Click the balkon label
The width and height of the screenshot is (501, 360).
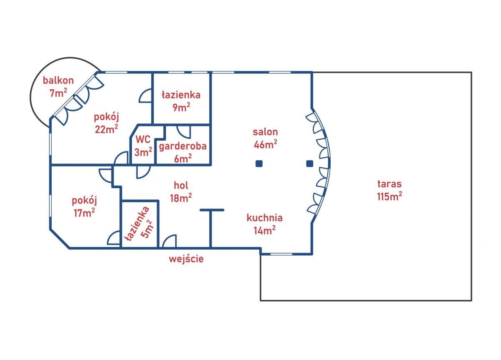tap(58, 81)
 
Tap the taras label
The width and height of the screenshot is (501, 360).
tap(390, 184)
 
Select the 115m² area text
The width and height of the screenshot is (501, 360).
tap(390, 196)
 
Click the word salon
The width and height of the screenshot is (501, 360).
tap(265, 132)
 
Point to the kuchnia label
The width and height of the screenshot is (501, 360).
tap(265, 218)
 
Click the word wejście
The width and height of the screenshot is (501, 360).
tap(186, 259)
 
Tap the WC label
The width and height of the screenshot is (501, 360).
tap(143, 139)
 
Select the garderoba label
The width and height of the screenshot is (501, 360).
tap(183, 146)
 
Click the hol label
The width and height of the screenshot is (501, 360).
tap(181, 185)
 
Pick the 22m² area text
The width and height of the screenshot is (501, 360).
tap(106, 129)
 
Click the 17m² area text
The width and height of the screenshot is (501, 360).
tap(84, 212)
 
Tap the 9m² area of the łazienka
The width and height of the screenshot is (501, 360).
tap(181, 107)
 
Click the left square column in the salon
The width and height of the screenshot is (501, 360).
tap(259, 164)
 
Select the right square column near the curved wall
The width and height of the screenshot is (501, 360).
tap(309, 164)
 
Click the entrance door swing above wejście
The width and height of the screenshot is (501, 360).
tap(170, 241)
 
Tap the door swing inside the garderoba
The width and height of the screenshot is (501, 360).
tap(184, 132)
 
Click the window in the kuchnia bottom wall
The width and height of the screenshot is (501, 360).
tap(281, 254)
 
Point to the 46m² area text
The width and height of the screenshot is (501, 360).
tap(266, 144)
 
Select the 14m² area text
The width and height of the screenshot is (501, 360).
tap(265, 230)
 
